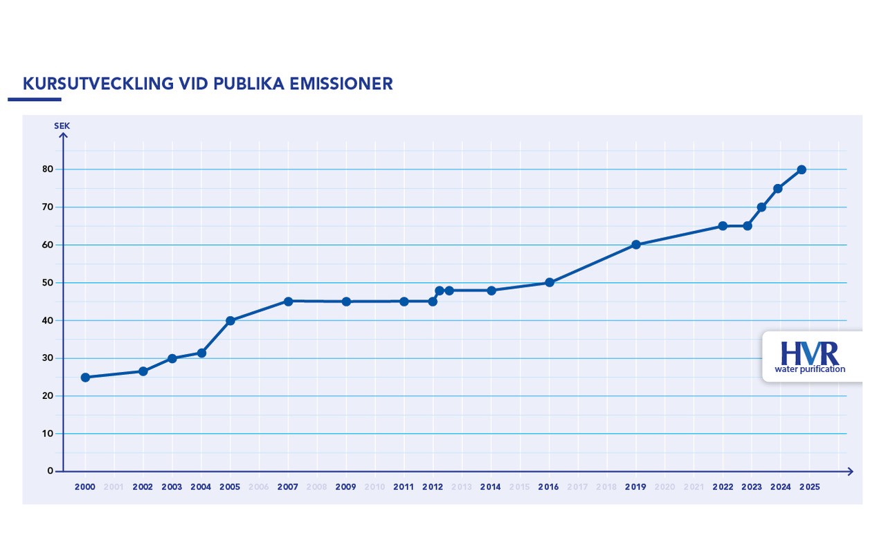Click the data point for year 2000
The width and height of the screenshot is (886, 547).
point(85,378)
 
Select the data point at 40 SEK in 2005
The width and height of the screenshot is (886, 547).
point(230,321)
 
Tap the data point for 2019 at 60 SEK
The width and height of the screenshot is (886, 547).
point(636,245)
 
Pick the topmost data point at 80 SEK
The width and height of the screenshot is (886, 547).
point(802,169)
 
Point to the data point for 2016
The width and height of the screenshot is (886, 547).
point(550,283)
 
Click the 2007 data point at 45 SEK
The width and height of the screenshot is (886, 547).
point(288,302)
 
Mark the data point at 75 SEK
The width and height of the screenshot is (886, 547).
point(778,189)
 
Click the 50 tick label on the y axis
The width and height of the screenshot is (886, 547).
point(48,283)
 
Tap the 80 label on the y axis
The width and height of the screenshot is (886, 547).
point(48,169)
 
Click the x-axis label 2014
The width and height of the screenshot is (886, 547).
point(490,488)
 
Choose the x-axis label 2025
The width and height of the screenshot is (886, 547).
point(809,488)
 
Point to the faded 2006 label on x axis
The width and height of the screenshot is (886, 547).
point(259,488)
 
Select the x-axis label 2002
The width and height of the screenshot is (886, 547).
point(143,488)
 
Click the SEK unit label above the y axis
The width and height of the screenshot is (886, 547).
point(62,126)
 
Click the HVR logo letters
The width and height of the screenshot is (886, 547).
point(809,353)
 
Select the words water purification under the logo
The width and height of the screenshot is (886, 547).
point(810,369)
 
